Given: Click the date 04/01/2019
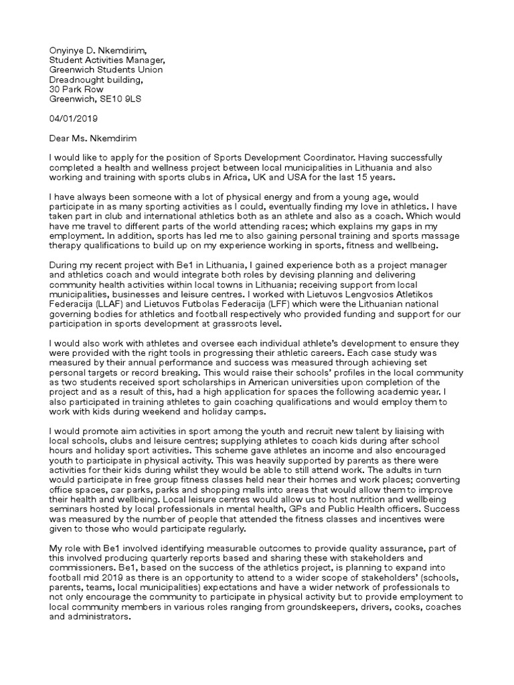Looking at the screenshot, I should coord(74,119).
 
